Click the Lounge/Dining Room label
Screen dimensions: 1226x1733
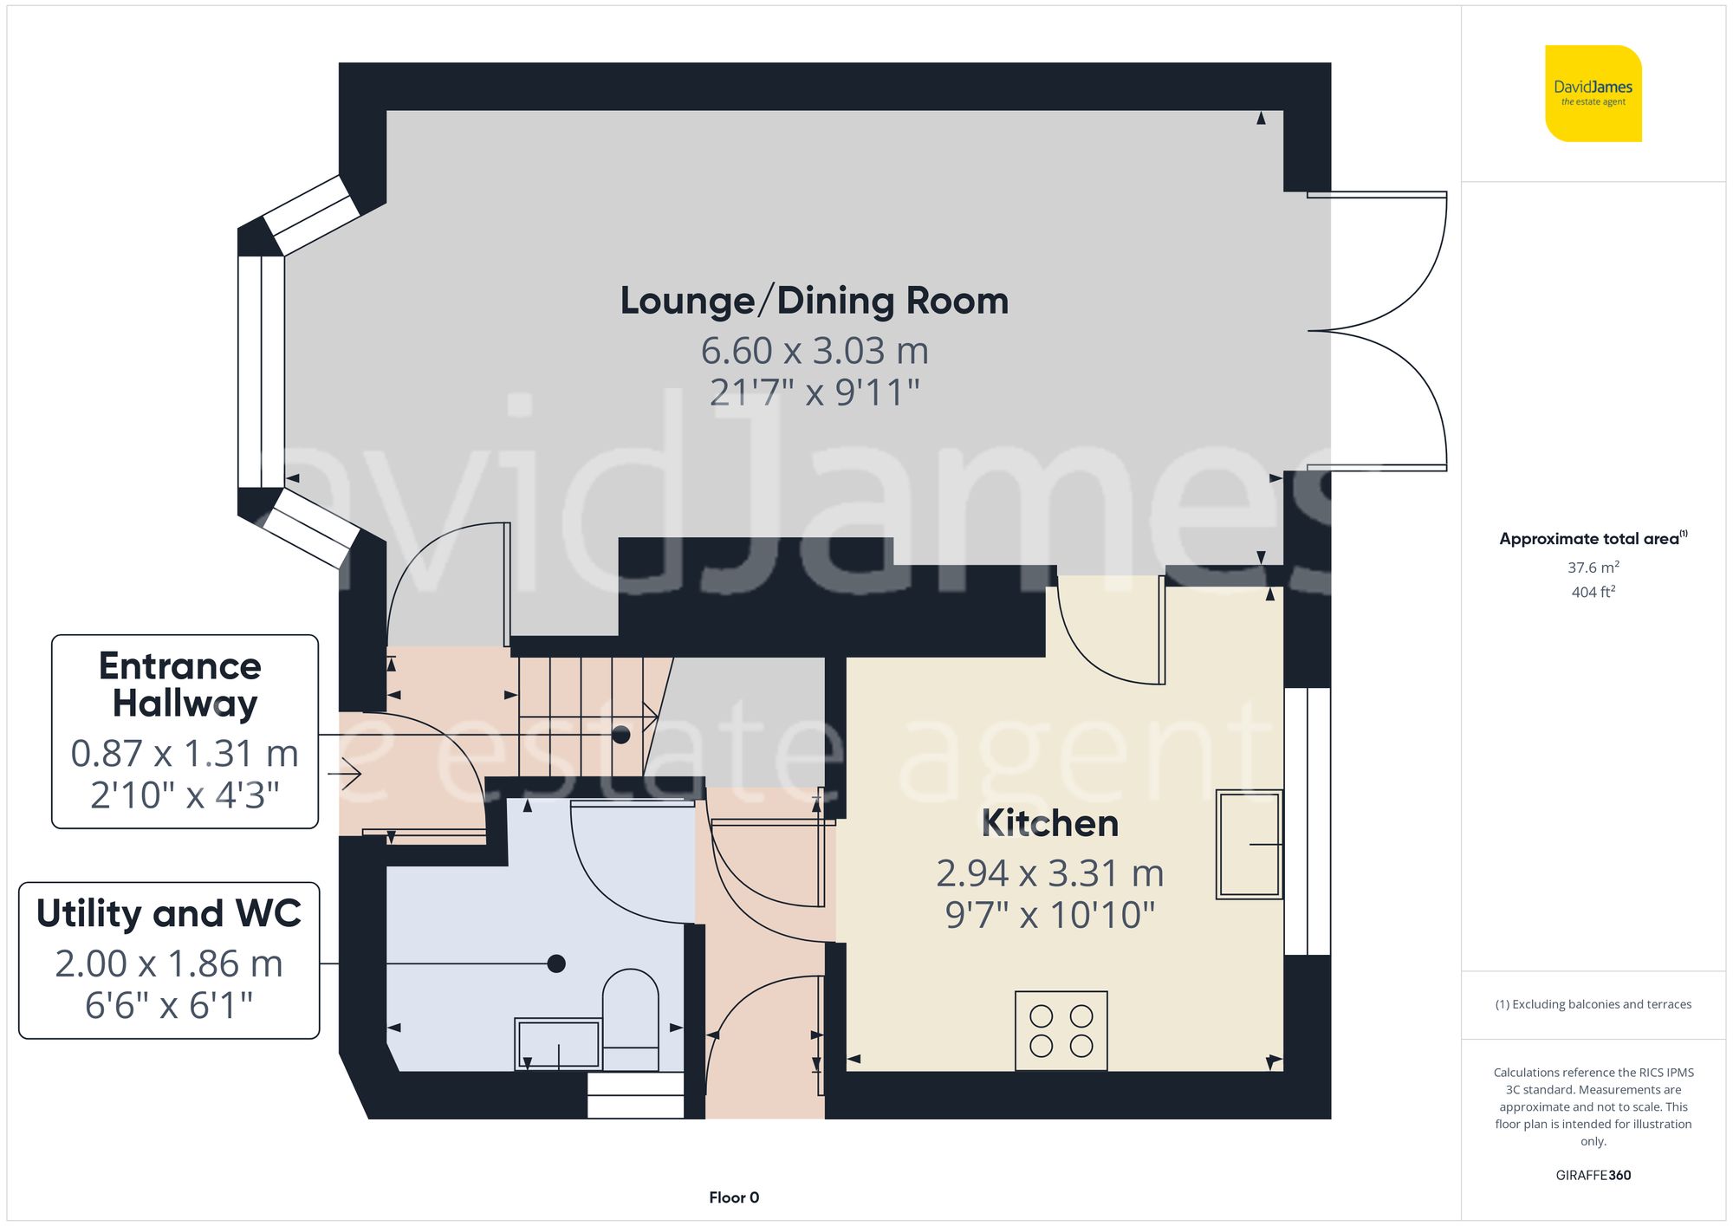[815, 302]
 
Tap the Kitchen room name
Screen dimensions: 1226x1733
[1049, 823]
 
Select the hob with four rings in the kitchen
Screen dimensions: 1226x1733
[1061, 1030]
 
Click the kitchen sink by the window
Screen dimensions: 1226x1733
[1249, 843]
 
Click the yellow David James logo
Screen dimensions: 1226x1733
[1593, 94]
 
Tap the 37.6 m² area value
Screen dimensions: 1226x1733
[1593, 568]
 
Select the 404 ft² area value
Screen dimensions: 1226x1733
[1593, 592]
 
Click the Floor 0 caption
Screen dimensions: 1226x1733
[734, 1197]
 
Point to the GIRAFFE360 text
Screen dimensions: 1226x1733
[1593, 1175]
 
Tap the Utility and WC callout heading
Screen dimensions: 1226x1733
[169, 913]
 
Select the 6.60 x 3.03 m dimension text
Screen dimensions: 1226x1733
[815, 351]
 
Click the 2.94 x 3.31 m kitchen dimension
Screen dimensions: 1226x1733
[1049, 873]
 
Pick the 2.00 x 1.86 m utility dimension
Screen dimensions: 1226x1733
[169, 963]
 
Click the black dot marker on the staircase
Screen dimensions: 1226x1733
[620, 735]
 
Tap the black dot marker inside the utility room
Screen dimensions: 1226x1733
[556, 963]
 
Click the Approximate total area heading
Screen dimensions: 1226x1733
[1593, 538]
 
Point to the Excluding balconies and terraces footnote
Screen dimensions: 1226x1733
[1593, 1004]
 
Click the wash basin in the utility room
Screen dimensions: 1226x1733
[558, 1043]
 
